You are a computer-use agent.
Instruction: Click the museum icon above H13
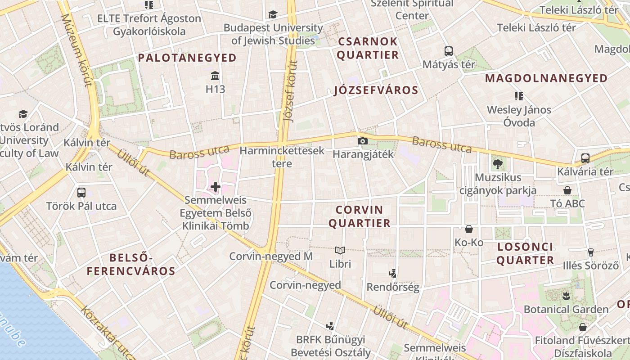tap(215, 75)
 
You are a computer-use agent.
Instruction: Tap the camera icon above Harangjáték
tap(362, 141)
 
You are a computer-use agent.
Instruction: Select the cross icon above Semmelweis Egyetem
tap(216, 186)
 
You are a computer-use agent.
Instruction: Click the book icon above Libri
tap(340, 250)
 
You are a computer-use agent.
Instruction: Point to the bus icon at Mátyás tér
tap(448, 51)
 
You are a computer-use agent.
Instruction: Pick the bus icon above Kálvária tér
tap(585, 158)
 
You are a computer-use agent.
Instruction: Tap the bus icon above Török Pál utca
tap(81, 193)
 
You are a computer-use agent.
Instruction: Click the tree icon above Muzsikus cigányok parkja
tap(497, 164)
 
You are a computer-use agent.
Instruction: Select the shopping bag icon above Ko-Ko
tap(469, 229)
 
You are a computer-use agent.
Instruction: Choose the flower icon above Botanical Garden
tap(566, 296)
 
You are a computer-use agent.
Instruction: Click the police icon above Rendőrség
tap(392, 273)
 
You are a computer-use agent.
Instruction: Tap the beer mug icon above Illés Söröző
tap(591, 252)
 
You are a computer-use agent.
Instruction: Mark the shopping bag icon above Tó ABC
tap(567, 190)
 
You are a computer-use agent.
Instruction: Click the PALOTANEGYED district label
tap(187, 58)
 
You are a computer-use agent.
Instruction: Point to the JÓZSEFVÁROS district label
tap(376, 90)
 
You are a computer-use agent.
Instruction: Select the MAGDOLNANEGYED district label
tap(546, 78)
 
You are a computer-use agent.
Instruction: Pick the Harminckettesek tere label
tap(282, 157)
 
